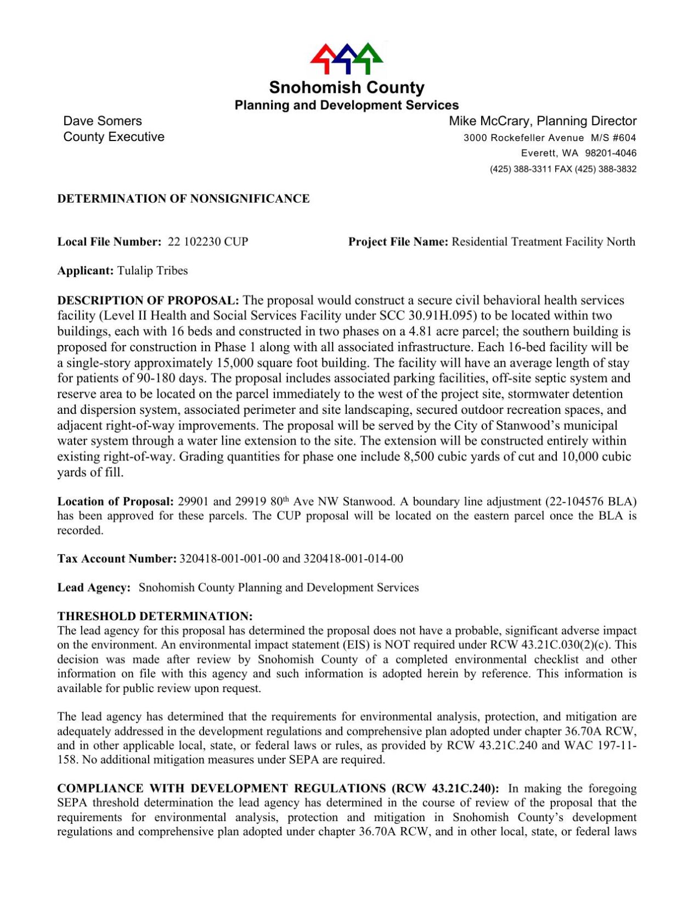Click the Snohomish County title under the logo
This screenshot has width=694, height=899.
click(x=346, y=88)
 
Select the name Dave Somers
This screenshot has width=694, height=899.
click(x=103, y=121)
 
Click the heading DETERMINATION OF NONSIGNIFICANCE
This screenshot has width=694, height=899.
click(x=183, y=199)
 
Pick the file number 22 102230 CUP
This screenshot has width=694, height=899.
click(x=208, y=242)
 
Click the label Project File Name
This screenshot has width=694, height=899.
click(x=398, y=242)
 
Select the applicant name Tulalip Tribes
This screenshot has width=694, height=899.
click(x=153, y=271)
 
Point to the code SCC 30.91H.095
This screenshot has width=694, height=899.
click(x=428, y=316)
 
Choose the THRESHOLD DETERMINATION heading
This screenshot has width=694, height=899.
click(x=155, y=616)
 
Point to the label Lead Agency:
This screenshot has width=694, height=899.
click(x=94, y=588)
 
